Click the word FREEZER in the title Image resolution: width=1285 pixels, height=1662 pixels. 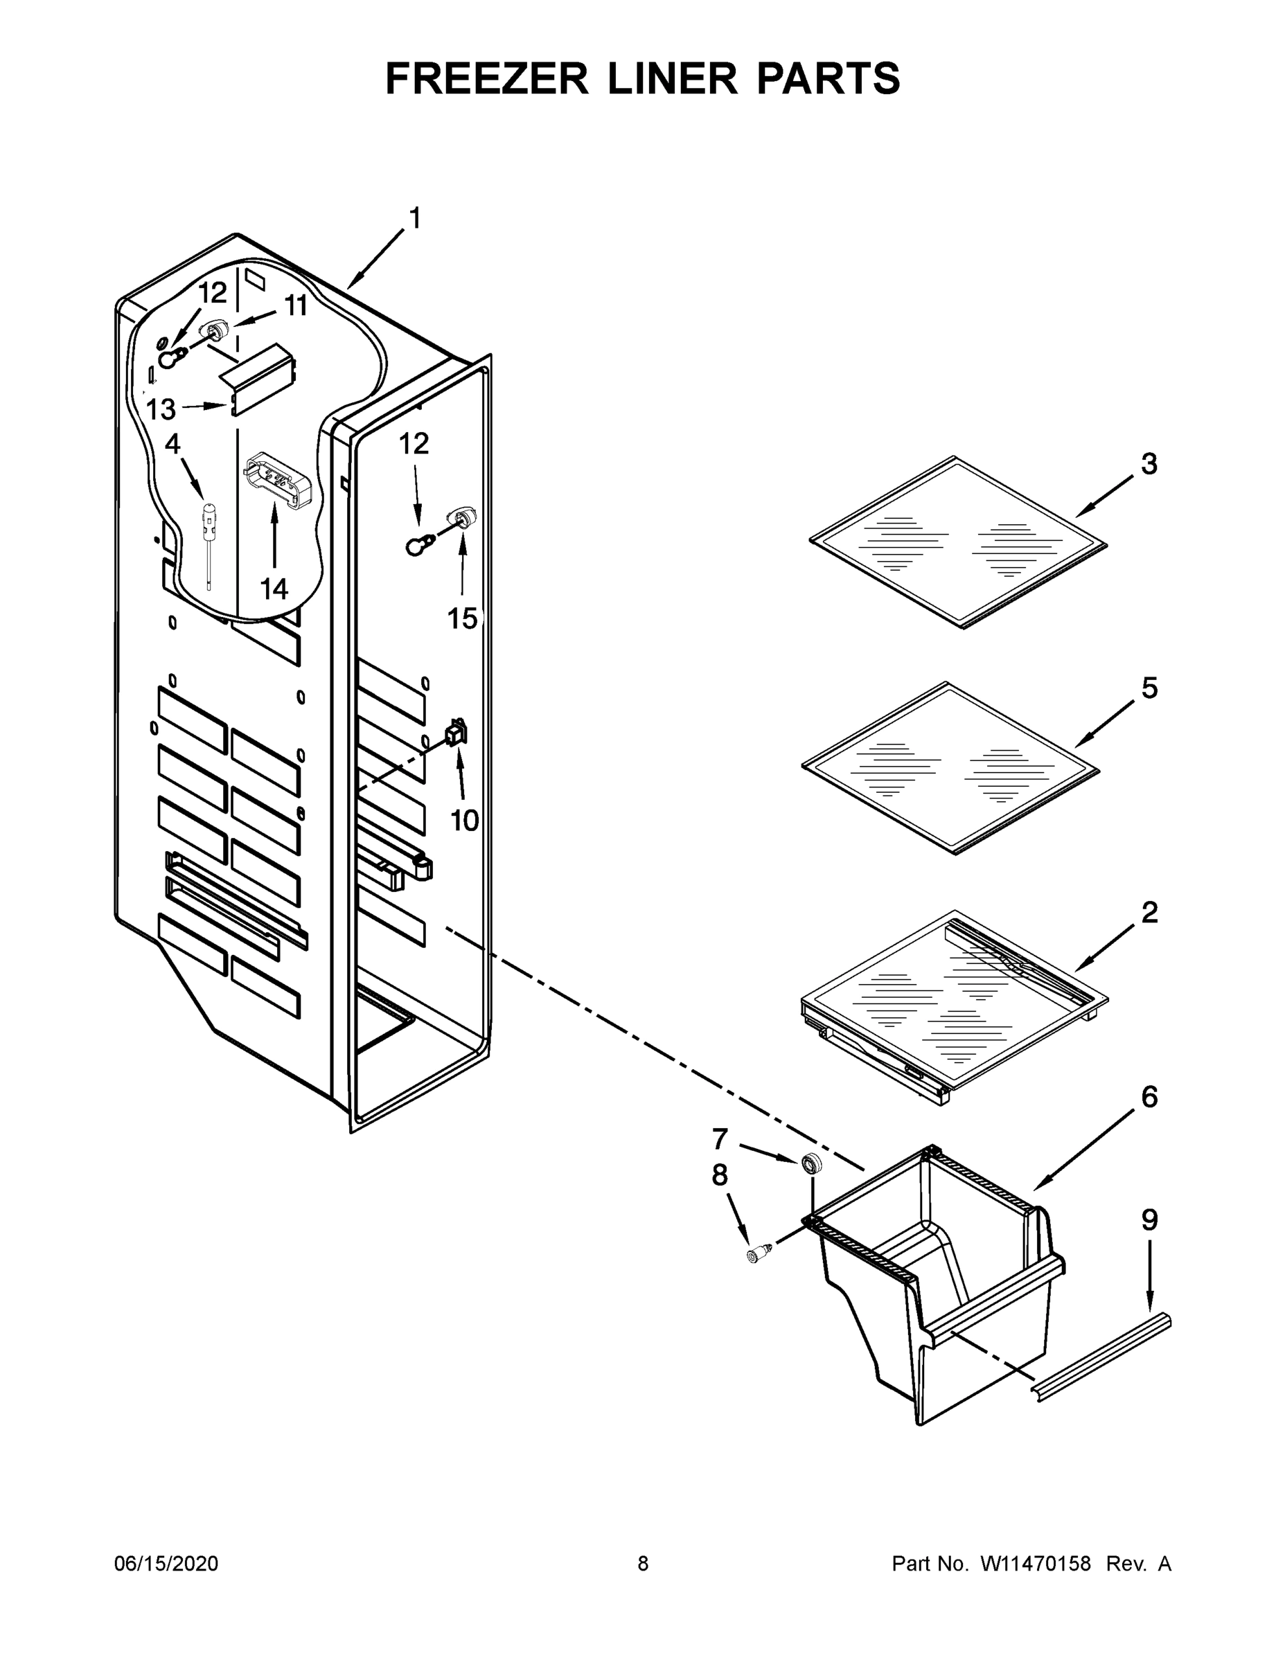coord(486,78)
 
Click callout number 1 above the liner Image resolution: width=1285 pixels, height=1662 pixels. coord(415,218)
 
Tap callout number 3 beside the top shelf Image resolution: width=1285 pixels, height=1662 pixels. coord(1149,463)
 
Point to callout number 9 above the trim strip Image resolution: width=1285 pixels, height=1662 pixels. coord(1149,1220)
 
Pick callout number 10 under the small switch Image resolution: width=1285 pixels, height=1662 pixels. coord(464,821)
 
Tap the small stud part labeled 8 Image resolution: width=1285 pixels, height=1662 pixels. coord(756,1254)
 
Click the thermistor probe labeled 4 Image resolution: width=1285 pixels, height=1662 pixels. coord(207,533)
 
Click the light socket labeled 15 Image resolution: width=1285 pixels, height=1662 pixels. coord(463,517)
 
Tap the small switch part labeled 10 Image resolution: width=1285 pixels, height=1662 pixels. coord(456,733)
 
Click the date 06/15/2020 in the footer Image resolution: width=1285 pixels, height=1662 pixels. coord(166,1564)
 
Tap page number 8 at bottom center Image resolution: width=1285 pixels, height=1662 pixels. coord(643,1564)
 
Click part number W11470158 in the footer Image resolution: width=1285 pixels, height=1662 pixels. coord(1036,1564)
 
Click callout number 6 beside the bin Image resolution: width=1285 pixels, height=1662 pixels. coord(1149,1097)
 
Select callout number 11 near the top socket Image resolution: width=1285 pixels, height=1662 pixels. coord(295,306)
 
